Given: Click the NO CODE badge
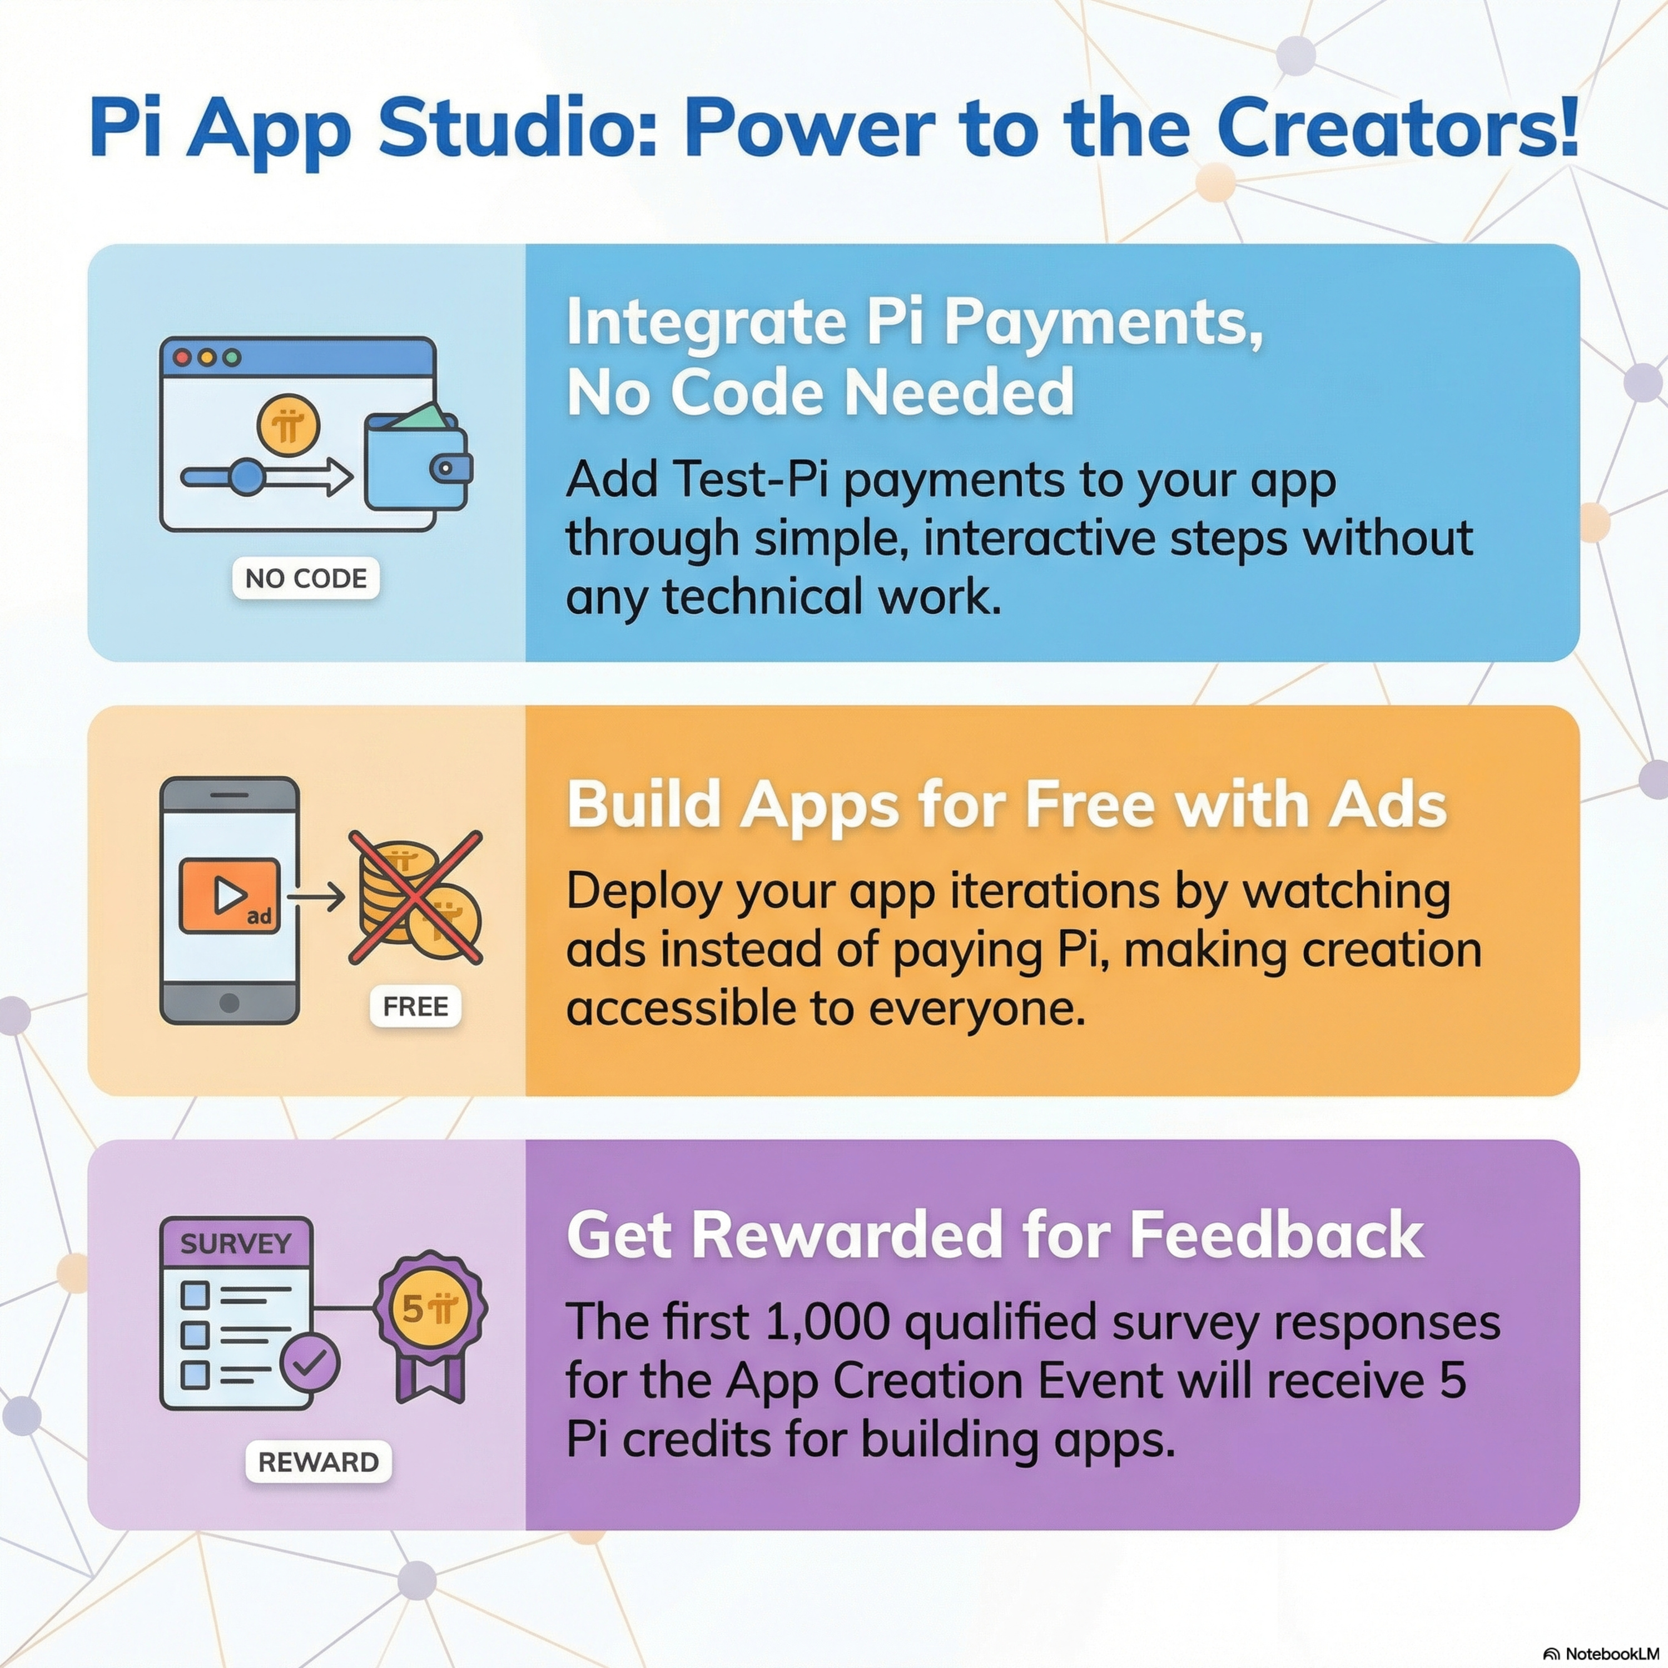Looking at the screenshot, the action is click(x=306, y=578).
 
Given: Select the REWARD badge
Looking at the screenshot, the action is click(x=319, y=1462).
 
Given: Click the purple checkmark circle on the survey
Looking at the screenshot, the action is click(x=310, y=1362).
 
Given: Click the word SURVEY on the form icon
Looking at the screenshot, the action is click(x=236, y=1244).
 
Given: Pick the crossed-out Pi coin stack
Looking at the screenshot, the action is click(x=415, y=897).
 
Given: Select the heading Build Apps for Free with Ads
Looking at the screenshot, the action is click(x=1007, y=805).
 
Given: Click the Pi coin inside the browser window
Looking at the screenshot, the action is click(x=289, y=426).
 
